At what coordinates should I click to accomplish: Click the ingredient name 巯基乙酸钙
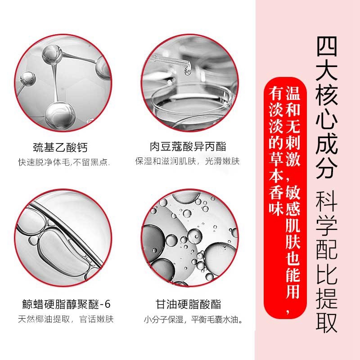tap(60, 147)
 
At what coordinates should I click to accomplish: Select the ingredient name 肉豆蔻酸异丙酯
tap(188, 147)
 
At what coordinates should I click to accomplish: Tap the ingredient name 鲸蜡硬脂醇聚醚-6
tap(66, 304)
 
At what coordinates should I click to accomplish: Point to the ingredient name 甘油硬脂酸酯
tap(188, 305)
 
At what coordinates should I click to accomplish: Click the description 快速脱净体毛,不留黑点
tap(64, 162)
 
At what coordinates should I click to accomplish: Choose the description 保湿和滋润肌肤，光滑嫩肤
tap(187, 161)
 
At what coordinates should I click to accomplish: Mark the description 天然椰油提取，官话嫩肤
tap(66, 319)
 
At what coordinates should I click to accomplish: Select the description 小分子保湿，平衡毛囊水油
tap(193, 319)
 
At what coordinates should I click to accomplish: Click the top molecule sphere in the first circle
tap(52, 54)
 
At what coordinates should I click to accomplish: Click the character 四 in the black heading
tap(327, 46)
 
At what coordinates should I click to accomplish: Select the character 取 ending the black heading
tap(327, 322)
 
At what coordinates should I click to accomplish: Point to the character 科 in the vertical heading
tap(327, 202)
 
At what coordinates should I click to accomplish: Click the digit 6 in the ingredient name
tap(108, 305)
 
